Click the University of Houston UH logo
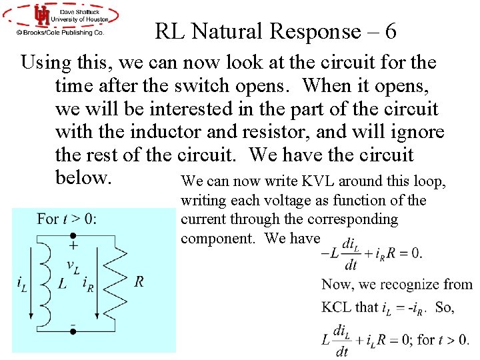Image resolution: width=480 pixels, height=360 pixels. click(x=42, y=16)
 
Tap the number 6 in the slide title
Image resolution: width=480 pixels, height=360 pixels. click(x=391, y=31)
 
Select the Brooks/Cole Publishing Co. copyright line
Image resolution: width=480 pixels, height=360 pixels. click(x=61, y=32)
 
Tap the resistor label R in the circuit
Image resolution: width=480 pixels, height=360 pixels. click(x=139, y=281)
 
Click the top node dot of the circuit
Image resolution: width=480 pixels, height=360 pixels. click(x=73, y=235)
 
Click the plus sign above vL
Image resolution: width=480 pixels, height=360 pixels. click(x=73, y=247)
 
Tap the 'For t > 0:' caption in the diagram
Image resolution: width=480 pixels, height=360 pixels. click(x=66, y=219)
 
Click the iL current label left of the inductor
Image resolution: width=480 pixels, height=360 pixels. click(x=22, y=283)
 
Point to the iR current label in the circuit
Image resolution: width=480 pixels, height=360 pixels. click(x=87, y=283)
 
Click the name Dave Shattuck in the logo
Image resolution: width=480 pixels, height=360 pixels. click(x=79, y=11)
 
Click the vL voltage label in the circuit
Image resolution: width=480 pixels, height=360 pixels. click(x=74, y=265)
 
